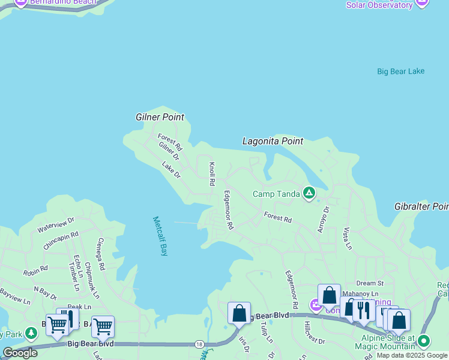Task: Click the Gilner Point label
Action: (x=160, y=117)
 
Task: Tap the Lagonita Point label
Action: (x=273, y=141)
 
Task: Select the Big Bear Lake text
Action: (x=400, y=71)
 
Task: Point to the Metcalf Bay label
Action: (x=160, y=236)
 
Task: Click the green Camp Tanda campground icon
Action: (x=309, y=193)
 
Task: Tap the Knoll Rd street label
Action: (x=211, y=173)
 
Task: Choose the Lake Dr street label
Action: (x=171, y=169)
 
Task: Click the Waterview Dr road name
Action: (x=55, y=225)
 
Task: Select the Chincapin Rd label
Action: (x=61, y=241)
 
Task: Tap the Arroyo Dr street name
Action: (x=323, y=219)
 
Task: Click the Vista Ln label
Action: (x=346, y=238)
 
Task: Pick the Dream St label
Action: (x=369, y=283)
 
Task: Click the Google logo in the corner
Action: (x=20, y=353)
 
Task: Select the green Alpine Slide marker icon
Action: (x=424, y=341)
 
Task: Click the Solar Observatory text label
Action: (x=379, y=5)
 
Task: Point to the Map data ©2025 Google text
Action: (x=412, y=355)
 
